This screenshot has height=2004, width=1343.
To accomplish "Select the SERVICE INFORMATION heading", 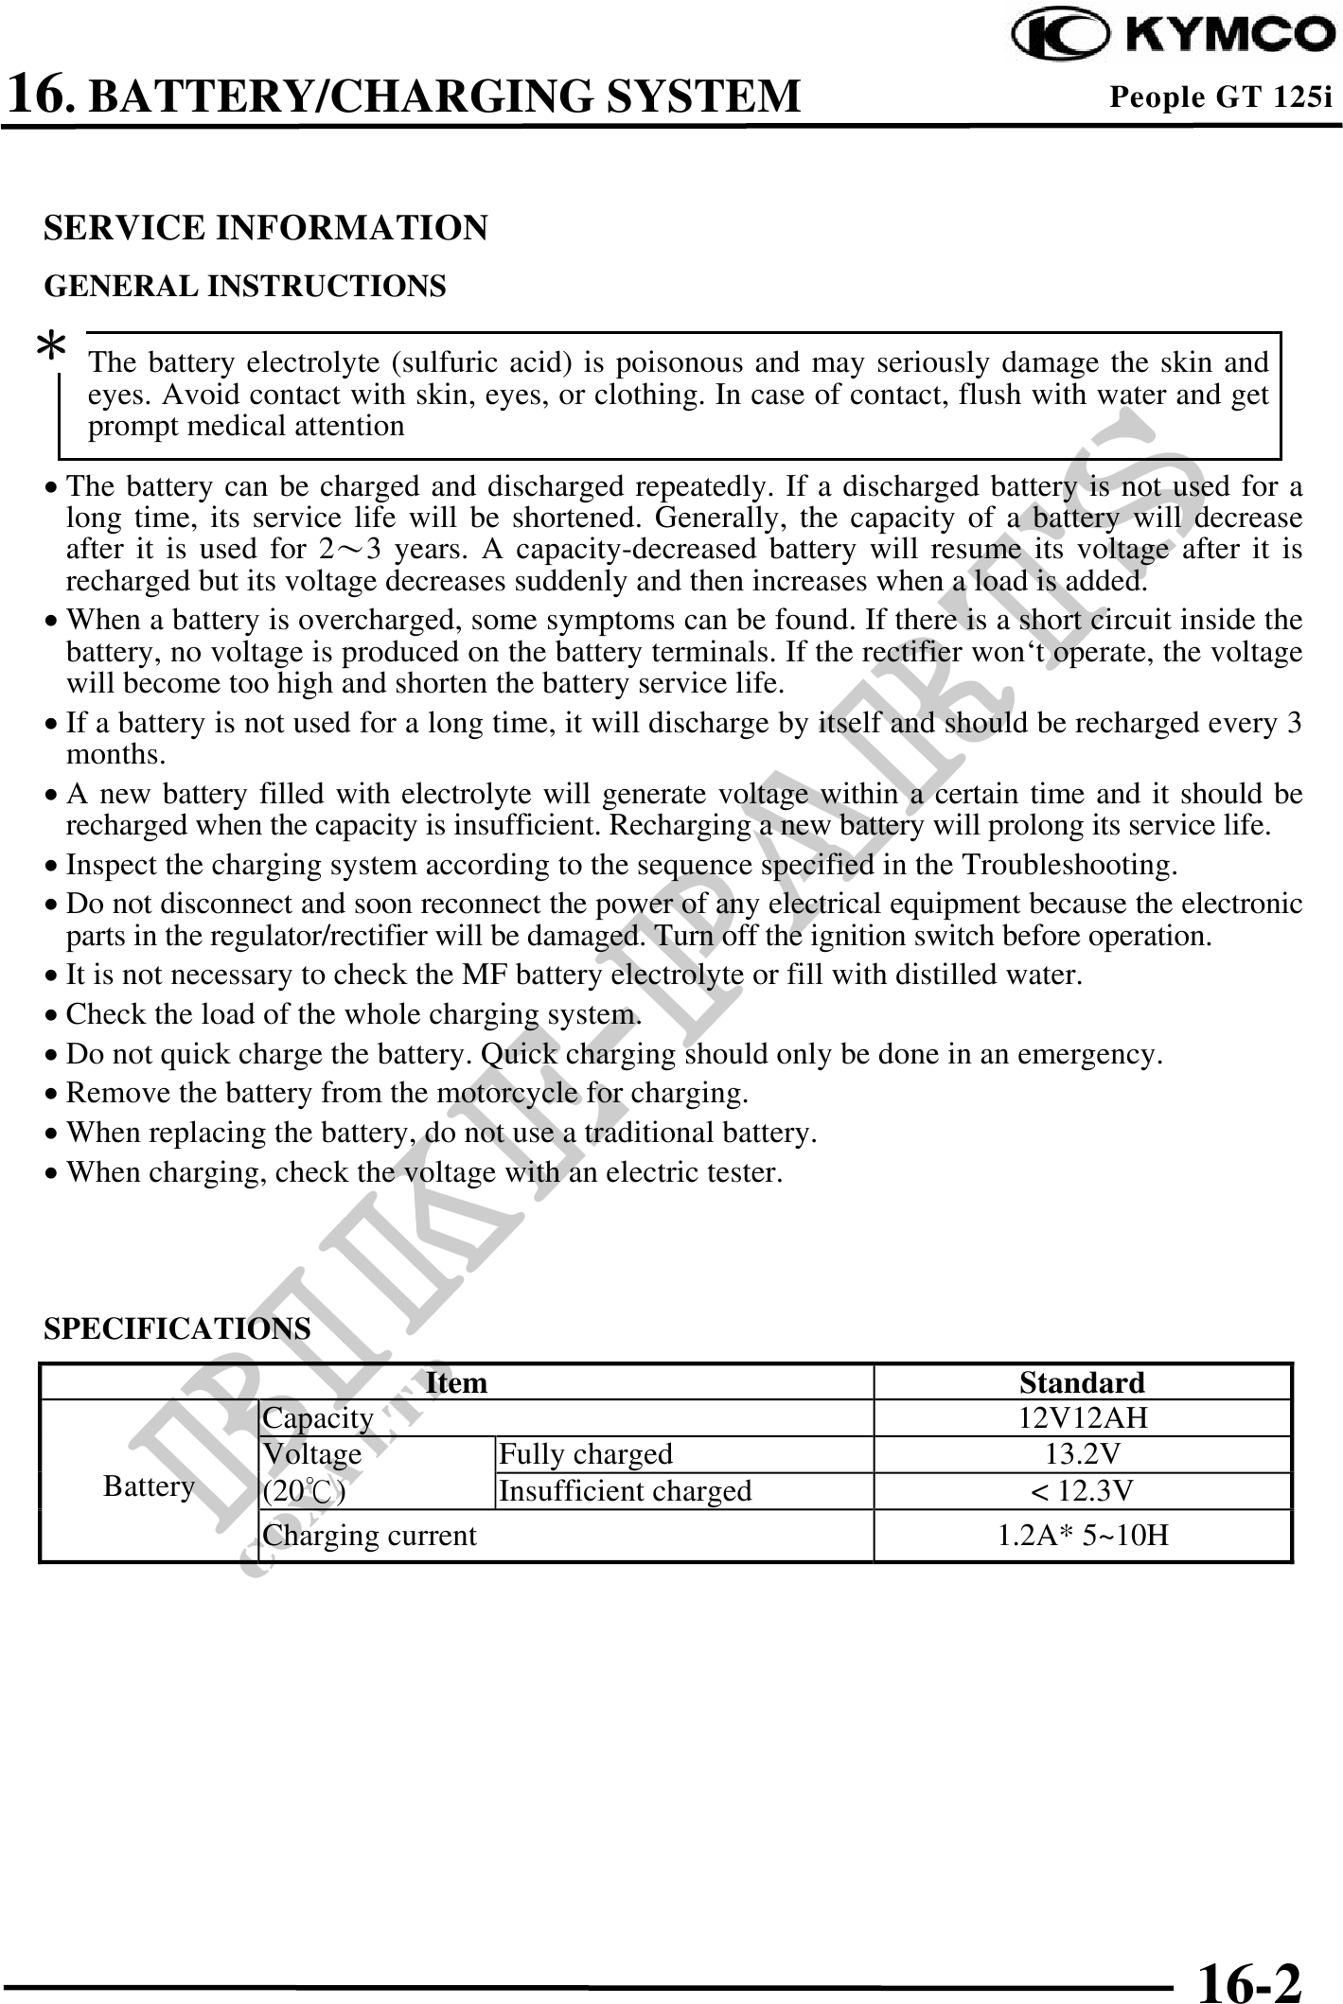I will (x=266, y=228).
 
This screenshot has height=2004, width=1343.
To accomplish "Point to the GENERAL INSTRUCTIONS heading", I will (x=245, y=286).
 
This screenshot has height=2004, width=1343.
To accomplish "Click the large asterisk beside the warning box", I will (x=50, y=350).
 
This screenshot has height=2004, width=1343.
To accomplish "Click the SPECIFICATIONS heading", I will (x=177, y=1328).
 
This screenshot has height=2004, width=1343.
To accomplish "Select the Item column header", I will (x=456, y=1382).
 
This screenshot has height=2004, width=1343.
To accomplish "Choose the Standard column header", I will (x=1082, y=1382).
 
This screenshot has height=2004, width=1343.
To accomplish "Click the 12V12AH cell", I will (x=1082, y=1417).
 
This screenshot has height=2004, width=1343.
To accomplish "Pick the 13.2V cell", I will (x=1082, y=1453).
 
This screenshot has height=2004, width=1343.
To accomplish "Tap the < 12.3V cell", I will (x=1082, y=1490).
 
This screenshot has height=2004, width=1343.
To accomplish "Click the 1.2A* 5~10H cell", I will (x=1082, y=1535).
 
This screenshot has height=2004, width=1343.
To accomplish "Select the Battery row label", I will (x=149, y=1486).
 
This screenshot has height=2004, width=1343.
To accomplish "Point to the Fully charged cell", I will (x=586, y=1453).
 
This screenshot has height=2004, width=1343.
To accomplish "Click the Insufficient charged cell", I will (x=625, y=1490).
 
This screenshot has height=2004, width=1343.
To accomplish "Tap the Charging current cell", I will (x=369, y=1535).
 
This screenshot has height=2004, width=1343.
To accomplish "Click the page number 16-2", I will (x=1249, y=1955).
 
